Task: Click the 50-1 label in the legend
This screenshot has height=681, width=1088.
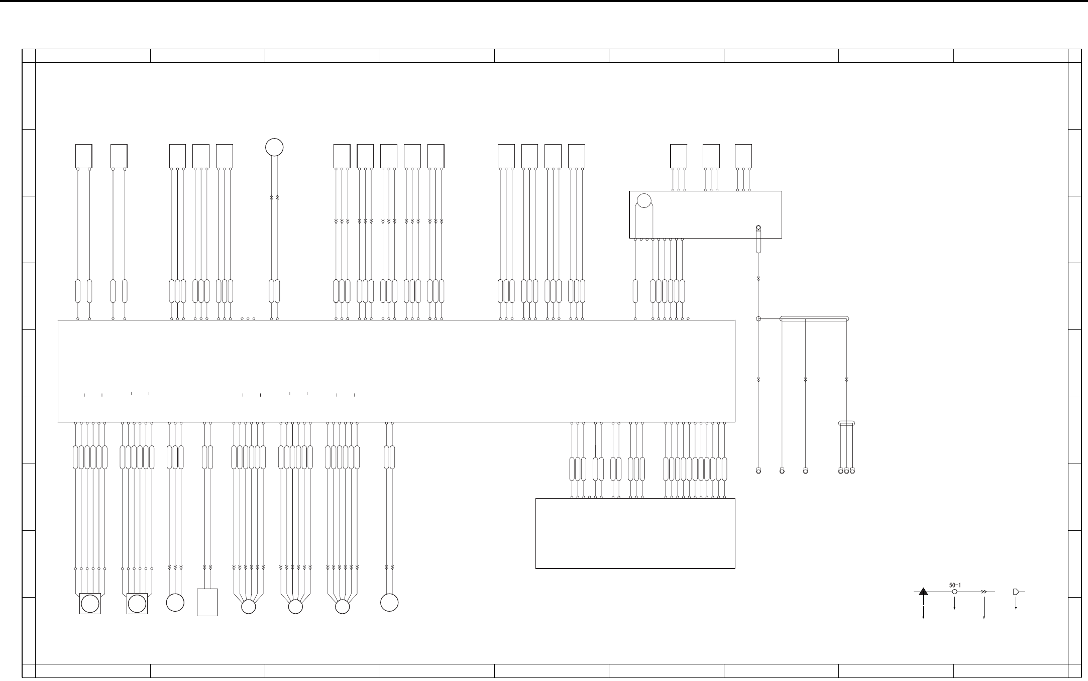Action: click(x=955, y=585)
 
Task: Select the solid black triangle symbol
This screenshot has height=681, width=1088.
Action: click(x=923, y=592)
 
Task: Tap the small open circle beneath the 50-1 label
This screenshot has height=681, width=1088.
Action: click(x=954, y=592)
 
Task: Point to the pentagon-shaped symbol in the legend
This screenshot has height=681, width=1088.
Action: click(x=1016, y=592)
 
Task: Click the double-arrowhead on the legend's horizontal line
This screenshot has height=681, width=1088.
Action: click(x=984, y=592)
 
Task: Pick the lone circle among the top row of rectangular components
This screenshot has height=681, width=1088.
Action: click(x=274, y=147)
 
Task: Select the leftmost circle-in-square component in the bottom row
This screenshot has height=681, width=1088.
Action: click(x=90, y=603)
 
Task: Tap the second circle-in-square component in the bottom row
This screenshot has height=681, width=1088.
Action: click(x=137, y=603)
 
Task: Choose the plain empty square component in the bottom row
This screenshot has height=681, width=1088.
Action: click(x=207, y=602)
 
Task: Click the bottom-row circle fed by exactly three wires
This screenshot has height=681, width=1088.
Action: click(x=175, y=602)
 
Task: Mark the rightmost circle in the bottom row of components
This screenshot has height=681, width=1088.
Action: click(x=389, y=602)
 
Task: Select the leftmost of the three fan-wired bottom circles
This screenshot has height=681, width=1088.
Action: click(x=249, y=607)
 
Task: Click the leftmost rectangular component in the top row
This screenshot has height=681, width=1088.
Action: click(x=84, y=156)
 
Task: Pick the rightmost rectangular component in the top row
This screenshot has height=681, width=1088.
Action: click(x=743, y=156)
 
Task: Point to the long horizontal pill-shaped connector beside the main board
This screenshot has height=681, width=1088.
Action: click(x=814, y=319)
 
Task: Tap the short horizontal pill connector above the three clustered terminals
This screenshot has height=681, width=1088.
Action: click(x=846, y=424)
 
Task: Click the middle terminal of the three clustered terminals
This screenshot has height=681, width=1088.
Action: click(x=846, y=471)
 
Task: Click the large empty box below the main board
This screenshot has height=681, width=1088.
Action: click(x=635, y=533)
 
